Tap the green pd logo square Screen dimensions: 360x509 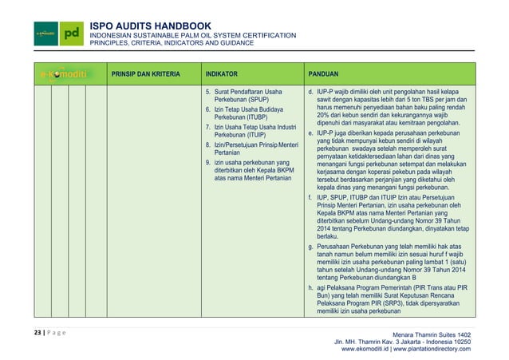[x=73, y=34]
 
